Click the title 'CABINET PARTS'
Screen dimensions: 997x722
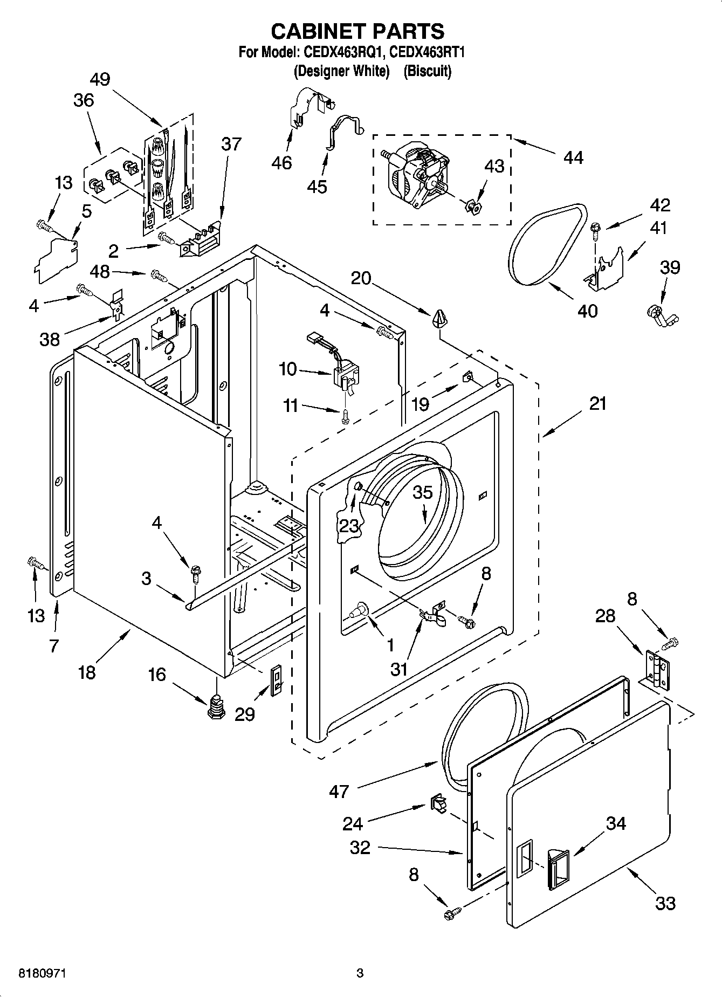click(357, 31)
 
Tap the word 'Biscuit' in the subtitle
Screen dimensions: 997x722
click(428, 71)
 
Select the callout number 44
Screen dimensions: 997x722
click(573, 157)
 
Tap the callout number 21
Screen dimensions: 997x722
click(597, 403)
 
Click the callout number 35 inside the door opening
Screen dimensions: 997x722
click(423, 493)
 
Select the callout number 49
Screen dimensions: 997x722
click(100, 80)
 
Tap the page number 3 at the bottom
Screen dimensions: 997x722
click(360, 974)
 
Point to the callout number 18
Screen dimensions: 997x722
click(87, 672)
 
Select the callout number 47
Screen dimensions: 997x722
click(339, 792)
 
